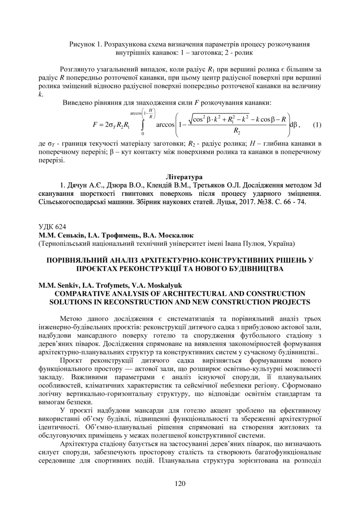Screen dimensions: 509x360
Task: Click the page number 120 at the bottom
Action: click(180, 483)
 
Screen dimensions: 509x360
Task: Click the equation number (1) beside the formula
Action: click(317, 124)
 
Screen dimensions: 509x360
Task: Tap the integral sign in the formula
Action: click(142, 124)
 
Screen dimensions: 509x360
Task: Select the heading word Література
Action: click(184, 177)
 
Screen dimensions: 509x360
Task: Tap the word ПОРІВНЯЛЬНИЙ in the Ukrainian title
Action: click(85, 260)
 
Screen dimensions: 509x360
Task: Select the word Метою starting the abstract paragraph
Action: click(71, 319)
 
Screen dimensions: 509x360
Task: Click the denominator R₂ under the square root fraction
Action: click(236, 131)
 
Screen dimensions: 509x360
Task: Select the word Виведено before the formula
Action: click(78, 103)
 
